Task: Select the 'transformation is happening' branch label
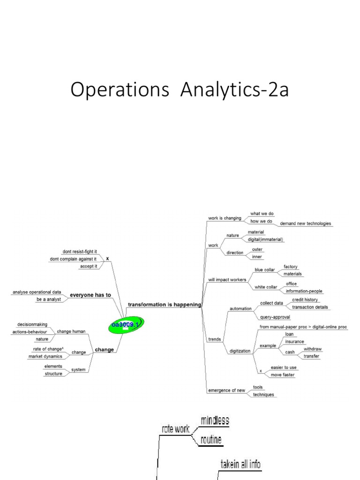coord(164,304)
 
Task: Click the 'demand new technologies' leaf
coord(305,224)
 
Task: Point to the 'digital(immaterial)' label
coord(265,240)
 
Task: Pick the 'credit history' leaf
coord(305,299)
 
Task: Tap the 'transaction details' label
coord(310,307)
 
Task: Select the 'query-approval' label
coord(275,317)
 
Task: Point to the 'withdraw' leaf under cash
coord(312,349)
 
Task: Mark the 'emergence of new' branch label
coord(227,390)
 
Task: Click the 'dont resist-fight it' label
coord(80,251)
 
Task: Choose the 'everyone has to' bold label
coord(90,295)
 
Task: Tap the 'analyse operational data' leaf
coord(37,292)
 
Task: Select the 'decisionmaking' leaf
coord(32,324)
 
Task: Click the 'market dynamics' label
coord(45,356)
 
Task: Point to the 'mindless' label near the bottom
coord(215,420)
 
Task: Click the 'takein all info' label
coord(240,465)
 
